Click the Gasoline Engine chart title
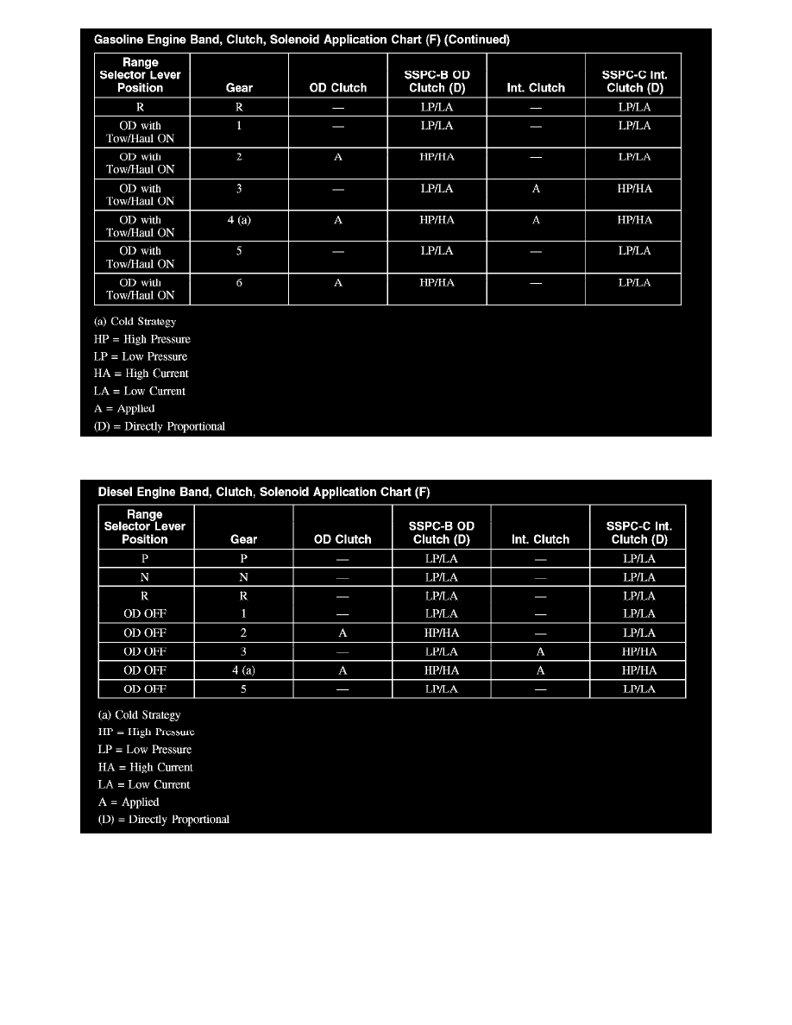point(302,40)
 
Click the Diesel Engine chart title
point(262,492)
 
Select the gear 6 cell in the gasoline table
point(239,283)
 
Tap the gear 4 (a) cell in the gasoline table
point(239,220)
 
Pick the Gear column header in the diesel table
point(244,539)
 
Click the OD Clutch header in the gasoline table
point(338,87)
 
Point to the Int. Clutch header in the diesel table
point(540,539)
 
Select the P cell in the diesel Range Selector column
point(145,558)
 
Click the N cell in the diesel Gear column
point(244,577)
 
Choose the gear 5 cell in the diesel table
point(244,689)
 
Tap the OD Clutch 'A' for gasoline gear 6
point(338,283)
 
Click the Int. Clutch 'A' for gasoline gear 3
point(536,188)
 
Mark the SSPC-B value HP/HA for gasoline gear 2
point(437,157)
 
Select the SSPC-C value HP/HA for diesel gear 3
point(638,651)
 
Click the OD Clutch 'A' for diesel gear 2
point(343,632)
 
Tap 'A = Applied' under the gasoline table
point(124,408)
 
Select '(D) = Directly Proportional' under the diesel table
point(164,819)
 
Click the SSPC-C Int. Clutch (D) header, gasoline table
point(634,81)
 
